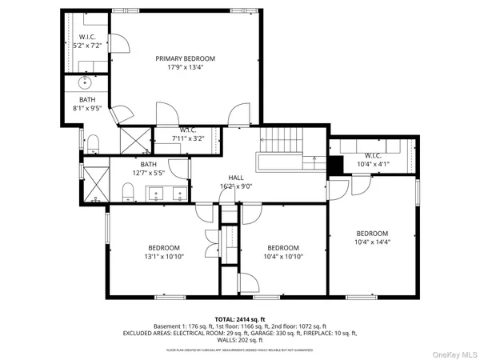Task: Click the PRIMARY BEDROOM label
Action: point(186,58)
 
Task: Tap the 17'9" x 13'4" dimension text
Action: point(186,67)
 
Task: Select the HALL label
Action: point(236,178)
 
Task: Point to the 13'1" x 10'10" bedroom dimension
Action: point(164,257)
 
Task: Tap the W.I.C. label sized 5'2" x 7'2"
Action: point(86,38)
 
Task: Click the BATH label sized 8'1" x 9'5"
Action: point(86,99)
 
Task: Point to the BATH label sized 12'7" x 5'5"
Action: point(149,164)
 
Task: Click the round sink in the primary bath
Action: point(86,82)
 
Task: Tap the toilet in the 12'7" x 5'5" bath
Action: point(128,190)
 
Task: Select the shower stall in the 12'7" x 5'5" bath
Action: point(98,182)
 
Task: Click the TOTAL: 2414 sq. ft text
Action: point(239,318)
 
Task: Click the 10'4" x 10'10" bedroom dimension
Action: point(283,257)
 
